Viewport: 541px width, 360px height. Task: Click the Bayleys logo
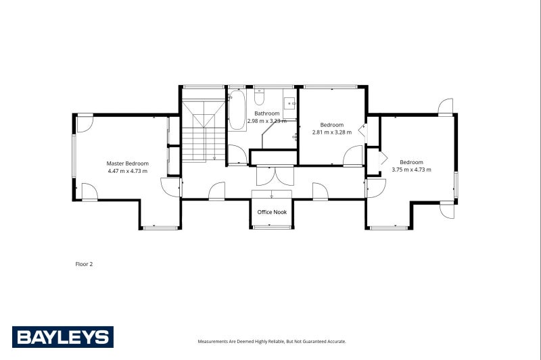pyautogui.click(x=63, y=336)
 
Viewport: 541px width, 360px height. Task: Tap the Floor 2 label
pyautogui.click(x=84, y=264)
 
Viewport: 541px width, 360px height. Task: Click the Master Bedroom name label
pyautogui.click(x=127, y=163)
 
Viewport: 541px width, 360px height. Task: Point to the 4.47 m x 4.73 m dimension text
pyautogui.click(x=127, y=172)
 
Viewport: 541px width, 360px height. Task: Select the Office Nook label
pyautogui.click(x=272, y=212)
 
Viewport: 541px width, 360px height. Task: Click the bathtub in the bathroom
pyautogui.click(x=237, y=111)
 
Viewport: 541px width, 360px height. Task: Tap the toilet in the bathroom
pyautogui.click(x=259, y=98)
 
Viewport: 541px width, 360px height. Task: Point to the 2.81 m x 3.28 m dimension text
pyautogui.click(x=332, y=132)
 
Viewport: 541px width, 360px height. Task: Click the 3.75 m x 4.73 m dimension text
pyautogui.click(x=411, y=170)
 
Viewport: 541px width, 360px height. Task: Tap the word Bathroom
pyautogui.click(x=266, y=113)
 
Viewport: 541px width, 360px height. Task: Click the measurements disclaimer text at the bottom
pyautogui.click(x=272, y=342)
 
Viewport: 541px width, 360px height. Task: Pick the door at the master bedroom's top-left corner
pyautogui.click(x=84, y=123)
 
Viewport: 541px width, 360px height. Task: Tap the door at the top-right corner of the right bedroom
pyautogui.click(x=444, y=107)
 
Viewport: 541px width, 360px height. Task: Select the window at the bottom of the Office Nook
pyautogui.click(x=272, y=228)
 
